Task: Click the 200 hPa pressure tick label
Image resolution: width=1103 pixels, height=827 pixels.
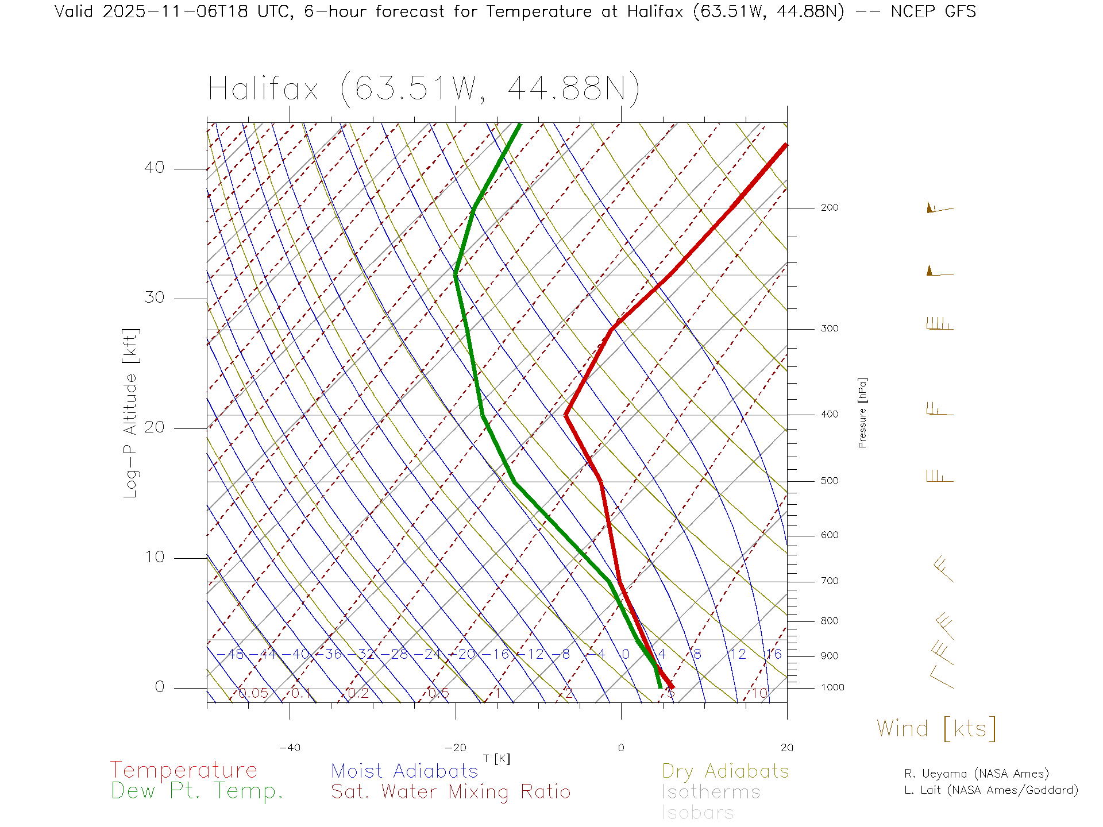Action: point(829,208)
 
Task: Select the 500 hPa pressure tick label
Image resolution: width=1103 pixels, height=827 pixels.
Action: point(829,481)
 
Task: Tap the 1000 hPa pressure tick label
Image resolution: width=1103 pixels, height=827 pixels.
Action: point(832,687)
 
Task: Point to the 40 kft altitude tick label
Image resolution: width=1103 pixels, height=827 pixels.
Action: point(154,168)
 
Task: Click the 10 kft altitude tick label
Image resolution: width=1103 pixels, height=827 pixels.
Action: point(154,557)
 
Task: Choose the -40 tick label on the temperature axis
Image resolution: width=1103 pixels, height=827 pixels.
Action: point(290,748)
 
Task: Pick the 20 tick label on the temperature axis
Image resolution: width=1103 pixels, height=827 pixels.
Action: point(786,748)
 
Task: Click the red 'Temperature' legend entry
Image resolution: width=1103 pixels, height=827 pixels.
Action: point(183,770)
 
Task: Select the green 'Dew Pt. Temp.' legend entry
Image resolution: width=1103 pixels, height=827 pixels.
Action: point(197,791)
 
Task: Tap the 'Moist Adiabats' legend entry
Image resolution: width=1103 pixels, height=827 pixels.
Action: point(404,771)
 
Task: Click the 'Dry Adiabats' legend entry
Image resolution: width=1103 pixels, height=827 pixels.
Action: point(725,771)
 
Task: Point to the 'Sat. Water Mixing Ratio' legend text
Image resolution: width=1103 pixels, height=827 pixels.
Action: point(450,792)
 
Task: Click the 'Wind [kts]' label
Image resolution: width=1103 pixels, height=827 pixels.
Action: point(936,729)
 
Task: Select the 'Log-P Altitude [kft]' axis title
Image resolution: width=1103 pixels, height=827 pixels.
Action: point(131,413)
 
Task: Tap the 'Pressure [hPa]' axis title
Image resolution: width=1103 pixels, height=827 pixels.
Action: point(862,412)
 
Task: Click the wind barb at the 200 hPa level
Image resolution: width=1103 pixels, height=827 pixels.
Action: point(939,208)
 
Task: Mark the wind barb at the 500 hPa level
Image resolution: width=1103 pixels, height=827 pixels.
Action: point(939,477)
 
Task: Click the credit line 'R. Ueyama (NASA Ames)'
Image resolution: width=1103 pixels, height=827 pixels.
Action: point(976,774)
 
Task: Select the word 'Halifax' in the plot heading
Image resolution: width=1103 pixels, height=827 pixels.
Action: point(263,89)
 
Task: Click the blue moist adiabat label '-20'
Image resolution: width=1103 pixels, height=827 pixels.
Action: point(466,654)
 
